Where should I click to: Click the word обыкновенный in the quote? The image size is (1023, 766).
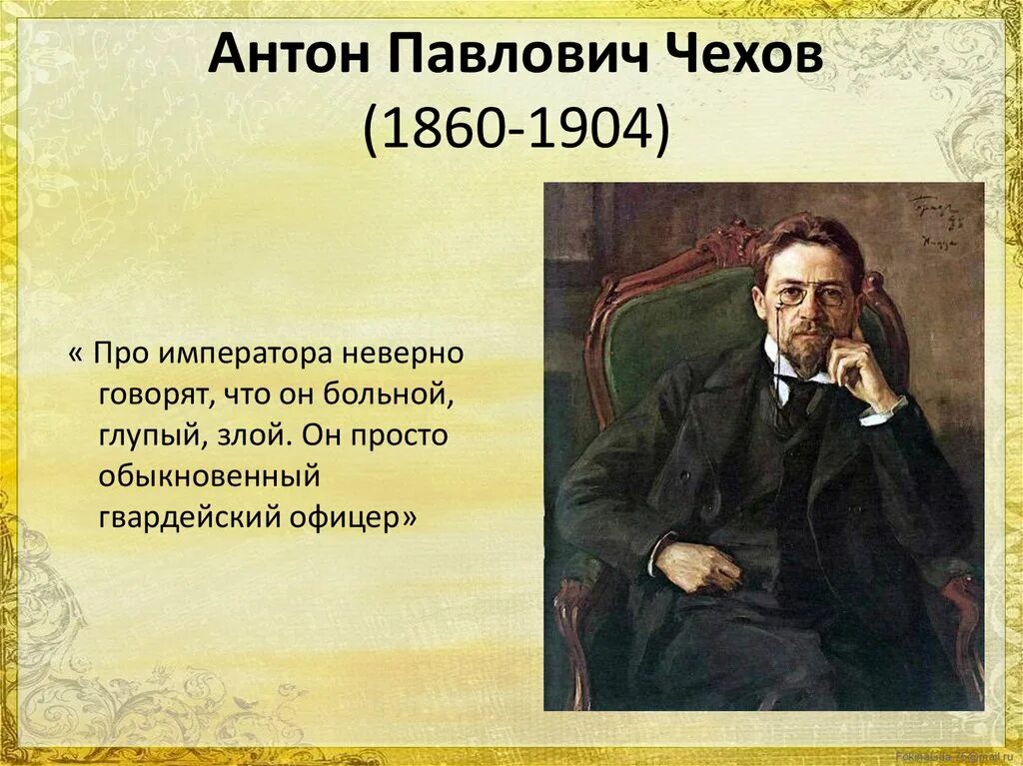209,477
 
